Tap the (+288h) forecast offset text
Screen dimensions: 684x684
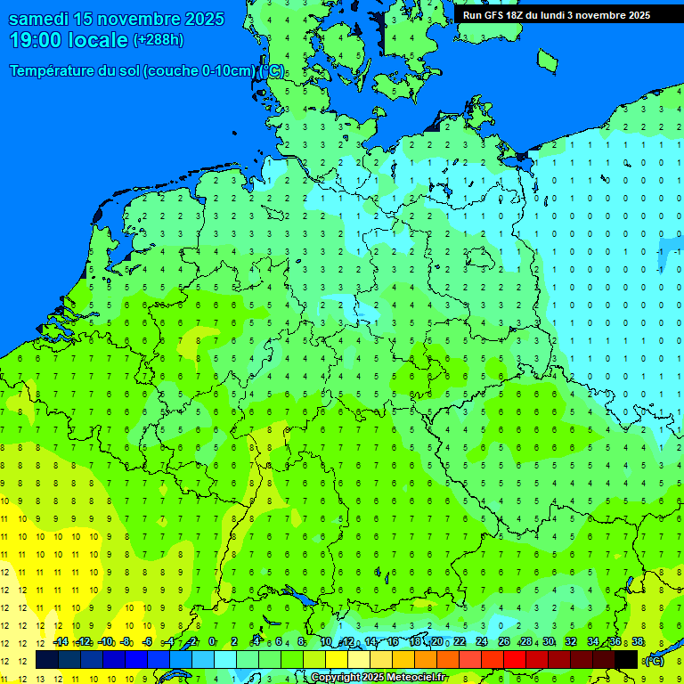coord(159,40)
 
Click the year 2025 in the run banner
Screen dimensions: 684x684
coord(632,15)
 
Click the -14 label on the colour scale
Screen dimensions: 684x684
coord(61,642)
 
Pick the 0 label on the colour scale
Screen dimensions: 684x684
coord(212,642)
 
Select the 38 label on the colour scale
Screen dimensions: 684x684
coord(638,642)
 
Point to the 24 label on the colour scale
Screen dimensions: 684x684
coord(482,642)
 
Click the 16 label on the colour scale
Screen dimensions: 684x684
coord(393,642)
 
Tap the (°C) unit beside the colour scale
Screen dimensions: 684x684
coord(653,661)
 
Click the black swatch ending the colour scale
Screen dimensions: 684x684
coord(626,660)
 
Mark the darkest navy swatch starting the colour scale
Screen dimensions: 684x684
coord(47,660)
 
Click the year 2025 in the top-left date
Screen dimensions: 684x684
coord(204,19)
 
